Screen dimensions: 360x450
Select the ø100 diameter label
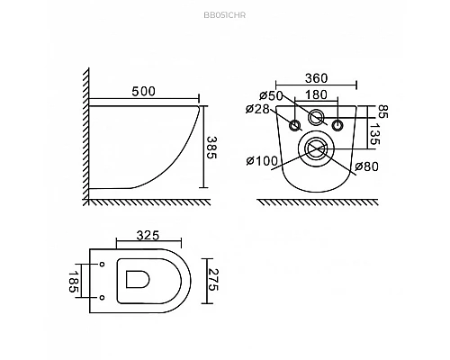261,161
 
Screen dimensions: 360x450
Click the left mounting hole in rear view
294,124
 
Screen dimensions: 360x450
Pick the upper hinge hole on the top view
102,264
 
